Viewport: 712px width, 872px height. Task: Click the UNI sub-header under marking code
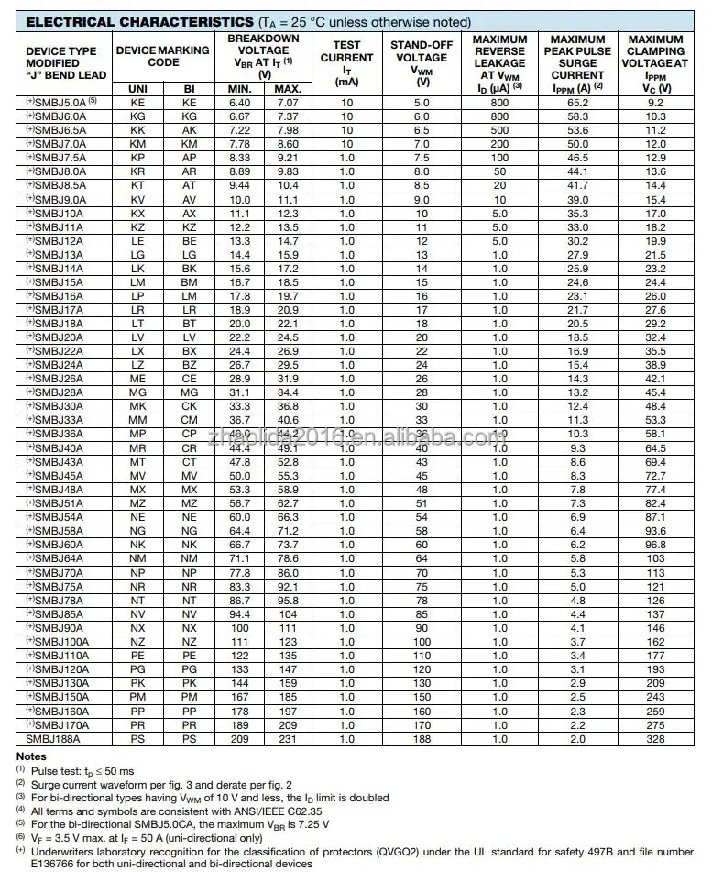click(x=138, y=88)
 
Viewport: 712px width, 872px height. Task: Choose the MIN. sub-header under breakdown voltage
click(x=240, y=88)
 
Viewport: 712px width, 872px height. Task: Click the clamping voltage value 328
click(x=655, y=738)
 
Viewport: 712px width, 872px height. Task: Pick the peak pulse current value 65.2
click(x=577, y=103)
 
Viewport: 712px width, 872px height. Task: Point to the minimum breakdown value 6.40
click(x=240, y=103)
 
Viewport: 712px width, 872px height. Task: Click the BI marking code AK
click(x=190, y=130)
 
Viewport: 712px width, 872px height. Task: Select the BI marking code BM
click(x=190, y=281)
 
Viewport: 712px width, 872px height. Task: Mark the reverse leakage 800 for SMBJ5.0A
click(x=499, y=103)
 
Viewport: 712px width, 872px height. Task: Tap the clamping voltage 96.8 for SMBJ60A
click(x=655, y=545)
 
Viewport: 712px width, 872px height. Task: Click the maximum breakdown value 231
click(x=288, y=738)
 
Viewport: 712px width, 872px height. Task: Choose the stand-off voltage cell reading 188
click(x=422, y=738)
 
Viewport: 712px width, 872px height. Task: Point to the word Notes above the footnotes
click(x=31, y=756)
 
